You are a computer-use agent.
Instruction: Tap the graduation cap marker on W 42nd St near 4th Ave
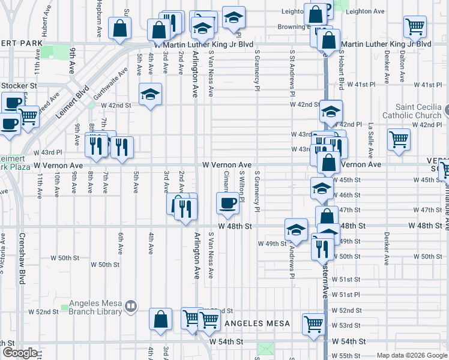pyautogui.click(x=151, y=94)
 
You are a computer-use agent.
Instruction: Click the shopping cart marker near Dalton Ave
pyautogui.click(x=414, y=26)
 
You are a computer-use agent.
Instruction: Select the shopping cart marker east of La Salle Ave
pyautogui.click(x=399, y=139)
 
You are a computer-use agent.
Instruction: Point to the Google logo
pyautogui.click(x=19, y=353)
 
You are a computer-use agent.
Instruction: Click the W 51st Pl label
pyautogui.click(x=350, y=295)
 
